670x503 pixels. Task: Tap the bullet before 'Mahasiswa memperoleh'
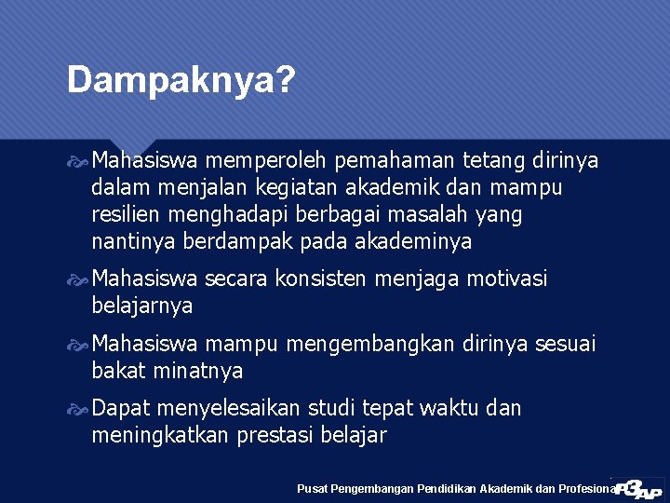click(x=81, y=162)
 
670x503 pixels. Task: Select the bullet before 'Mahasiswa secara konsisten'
click(x=81, y=279)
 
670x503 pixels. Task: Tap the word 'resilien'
click(x=127, y=215)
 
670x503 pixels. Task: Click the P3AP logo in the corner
click(x=639, y=488)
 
